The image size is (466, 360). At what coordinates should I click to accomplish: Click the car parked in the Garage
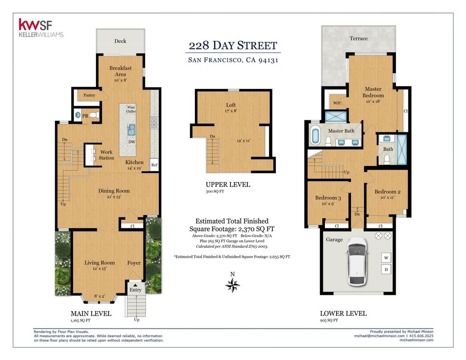point(357,261)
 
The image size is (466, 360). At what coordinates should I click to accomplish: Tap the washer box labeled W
point(386,258)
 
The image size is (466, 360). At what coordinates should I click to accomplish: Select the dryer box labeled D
point(386,270)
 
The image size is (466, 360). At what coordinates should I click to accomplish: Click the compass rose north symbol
point(233,283)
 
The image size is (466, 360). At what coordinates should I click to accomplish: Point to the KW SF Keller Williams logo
point(41,28)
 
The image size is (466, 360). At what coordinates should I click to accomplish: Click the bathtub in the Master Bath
point(315,136)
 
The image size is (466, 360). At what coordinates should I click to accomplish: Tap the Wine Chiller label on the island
point(131,109)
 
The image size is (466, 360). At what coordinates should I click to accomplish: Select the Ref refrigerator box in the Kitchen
point(154,165)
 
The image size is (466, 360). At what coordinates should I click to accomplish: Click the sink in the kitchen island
point(131,130)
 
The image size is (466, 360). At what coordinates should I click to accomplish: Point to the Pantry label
point(89,95)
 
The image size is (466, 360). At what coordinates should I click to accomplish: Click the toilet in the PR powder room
point(95,115)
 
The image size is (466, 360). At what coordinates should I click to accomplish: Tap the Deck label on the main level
point(120,41)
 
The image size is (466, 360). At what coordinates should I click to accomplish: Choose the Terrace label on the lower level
point(359,39)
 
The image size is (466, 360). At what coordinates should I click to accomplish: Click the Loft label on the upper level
point(231,105)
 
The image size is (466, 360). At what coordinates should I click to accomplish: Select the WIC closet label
point(337,103)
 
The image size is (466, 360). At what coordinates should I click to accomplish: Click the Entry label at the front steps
point(136,290)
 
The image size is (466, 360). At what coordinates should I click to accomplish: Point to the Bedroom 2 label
point(388,192)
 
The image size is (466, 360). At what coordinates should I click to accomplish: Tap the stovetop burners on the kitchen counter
point(154,122)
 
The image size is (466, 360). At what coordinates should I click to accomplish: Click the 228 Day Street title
point(233,46)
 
